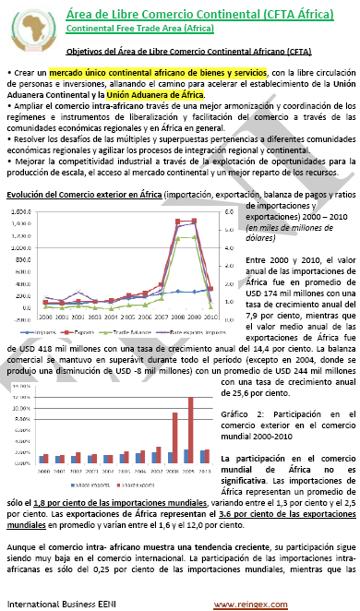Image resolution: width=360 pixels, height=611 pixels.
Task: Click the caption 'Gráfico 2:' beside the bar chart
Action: [242, 413]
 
